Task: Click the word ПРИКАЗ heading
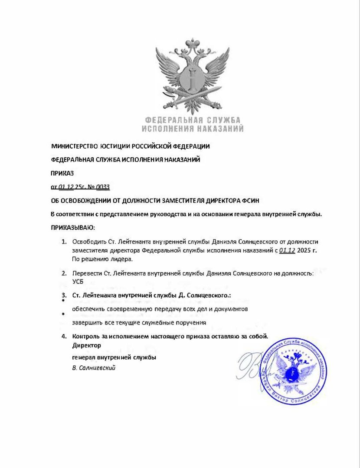point(62,173)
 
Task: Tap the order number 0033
point(103,187)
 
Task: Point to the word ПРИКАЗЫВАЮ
point(72,227)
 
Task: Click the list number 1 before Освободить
point(64,241)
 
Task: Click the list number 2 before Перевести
point(64,273)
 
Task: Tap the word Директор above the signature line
point(87,345)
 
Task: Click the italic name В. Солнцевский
point(94,368)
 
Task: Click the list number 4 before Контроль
point(64,336)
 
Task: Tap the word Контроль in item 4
point(87,336)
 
